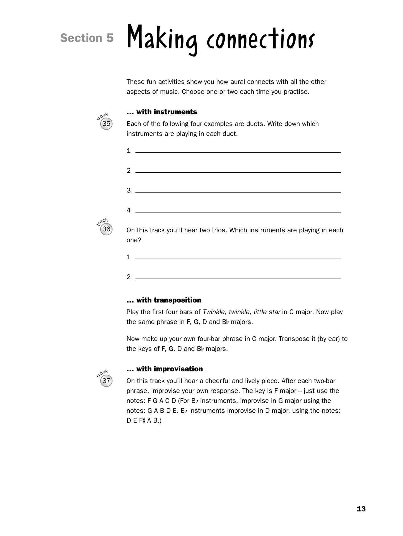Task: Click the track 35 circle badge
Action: coord(106,124)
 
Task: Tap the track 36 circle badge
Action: coord(106,229)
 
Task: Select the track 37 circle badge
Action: coord(106,381)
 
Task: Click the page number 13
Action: coord(361,509)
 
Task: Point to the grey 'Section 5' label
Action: coord(87,38)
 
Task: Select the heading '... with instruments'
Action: coord(162,112)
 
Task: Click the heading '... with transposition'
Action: coord(164,300)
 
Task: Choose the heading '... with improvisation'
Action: coord(165,369)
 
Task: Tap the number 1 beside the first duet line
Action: coord(129,151)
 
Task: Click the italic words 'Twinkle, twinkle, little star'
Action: coord(241,312)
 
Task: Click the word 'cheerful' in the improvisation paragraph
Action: coord(217,381)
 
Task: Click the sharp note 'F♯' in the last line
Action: coord(142,420)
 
